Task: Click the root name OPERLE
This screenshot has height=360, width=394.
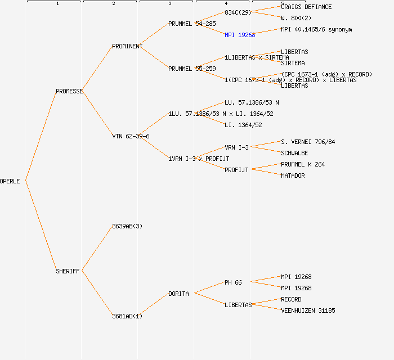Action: [10, 181]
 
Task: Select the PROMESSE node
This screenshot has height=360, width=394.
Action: [69, 91]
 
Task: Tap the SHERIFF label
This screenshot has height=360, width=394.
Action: [68, 271]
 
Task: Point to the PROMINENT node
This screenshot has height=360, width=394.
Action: [127, 46]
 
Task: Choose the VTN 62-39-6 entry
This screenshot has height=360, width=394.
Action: [131, 136]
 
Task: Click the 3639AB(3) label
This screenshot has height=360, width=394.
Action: [127, 226]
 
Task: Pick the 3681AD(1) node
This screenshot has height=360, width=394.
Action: [127, 316]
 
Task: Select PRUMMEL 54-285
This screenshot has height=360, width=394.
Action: [192, 24]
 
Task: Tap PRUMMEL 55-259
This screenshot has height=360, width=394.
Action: [192, 69]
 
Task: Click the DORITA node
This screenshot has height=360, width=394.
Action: [178, 294]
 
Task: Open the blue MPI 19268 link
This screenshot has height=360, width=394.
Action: [240, 35]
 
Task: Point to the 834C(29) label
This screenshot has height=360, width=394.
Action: [238, 12]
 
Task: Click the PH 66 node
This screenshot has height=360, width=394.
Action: [233, 282]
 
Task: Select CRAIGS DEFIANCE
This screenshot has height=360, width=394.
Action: [306, 7]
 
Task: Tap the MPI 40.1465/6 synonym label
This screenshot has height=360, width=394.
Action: [316, 29]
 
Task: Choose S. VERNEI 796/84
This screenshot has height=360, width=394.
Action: [308, 142]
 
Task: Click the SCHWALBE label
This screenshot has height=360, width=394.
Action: [294, 153]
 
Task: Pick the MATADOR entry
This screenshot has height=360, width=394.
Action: [293, 175]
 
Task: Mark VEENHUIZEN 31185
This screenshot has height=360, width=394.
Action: [308, 310]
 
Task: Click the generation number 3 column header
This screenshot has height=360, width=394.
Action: [169, 4]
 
